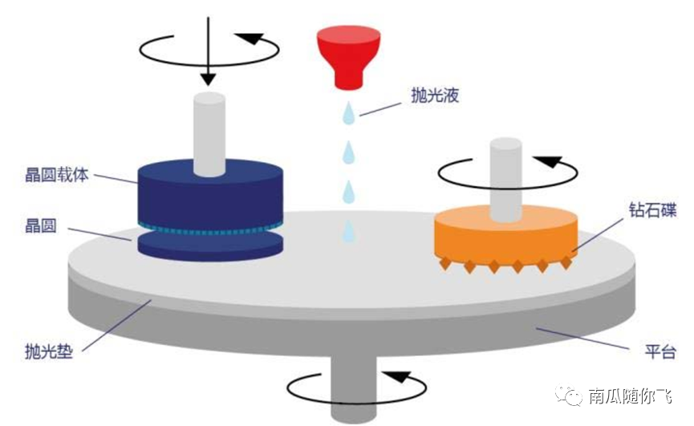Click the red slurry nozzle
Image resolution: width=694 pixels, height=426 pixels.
click(348, 55)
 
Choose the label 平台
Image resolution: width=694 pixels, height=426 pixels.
click(661, 351)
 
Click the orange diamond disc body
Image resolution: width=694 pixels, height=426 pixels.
click(505, 233)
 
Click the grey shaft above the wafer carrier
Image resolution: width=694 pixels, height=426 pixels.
click(210, 132)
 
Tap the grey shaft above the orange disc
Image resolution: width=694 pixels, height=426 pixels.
click(506, 178)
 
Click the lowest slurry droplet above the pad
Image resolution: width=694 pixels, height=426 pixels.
click(348, 232)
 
